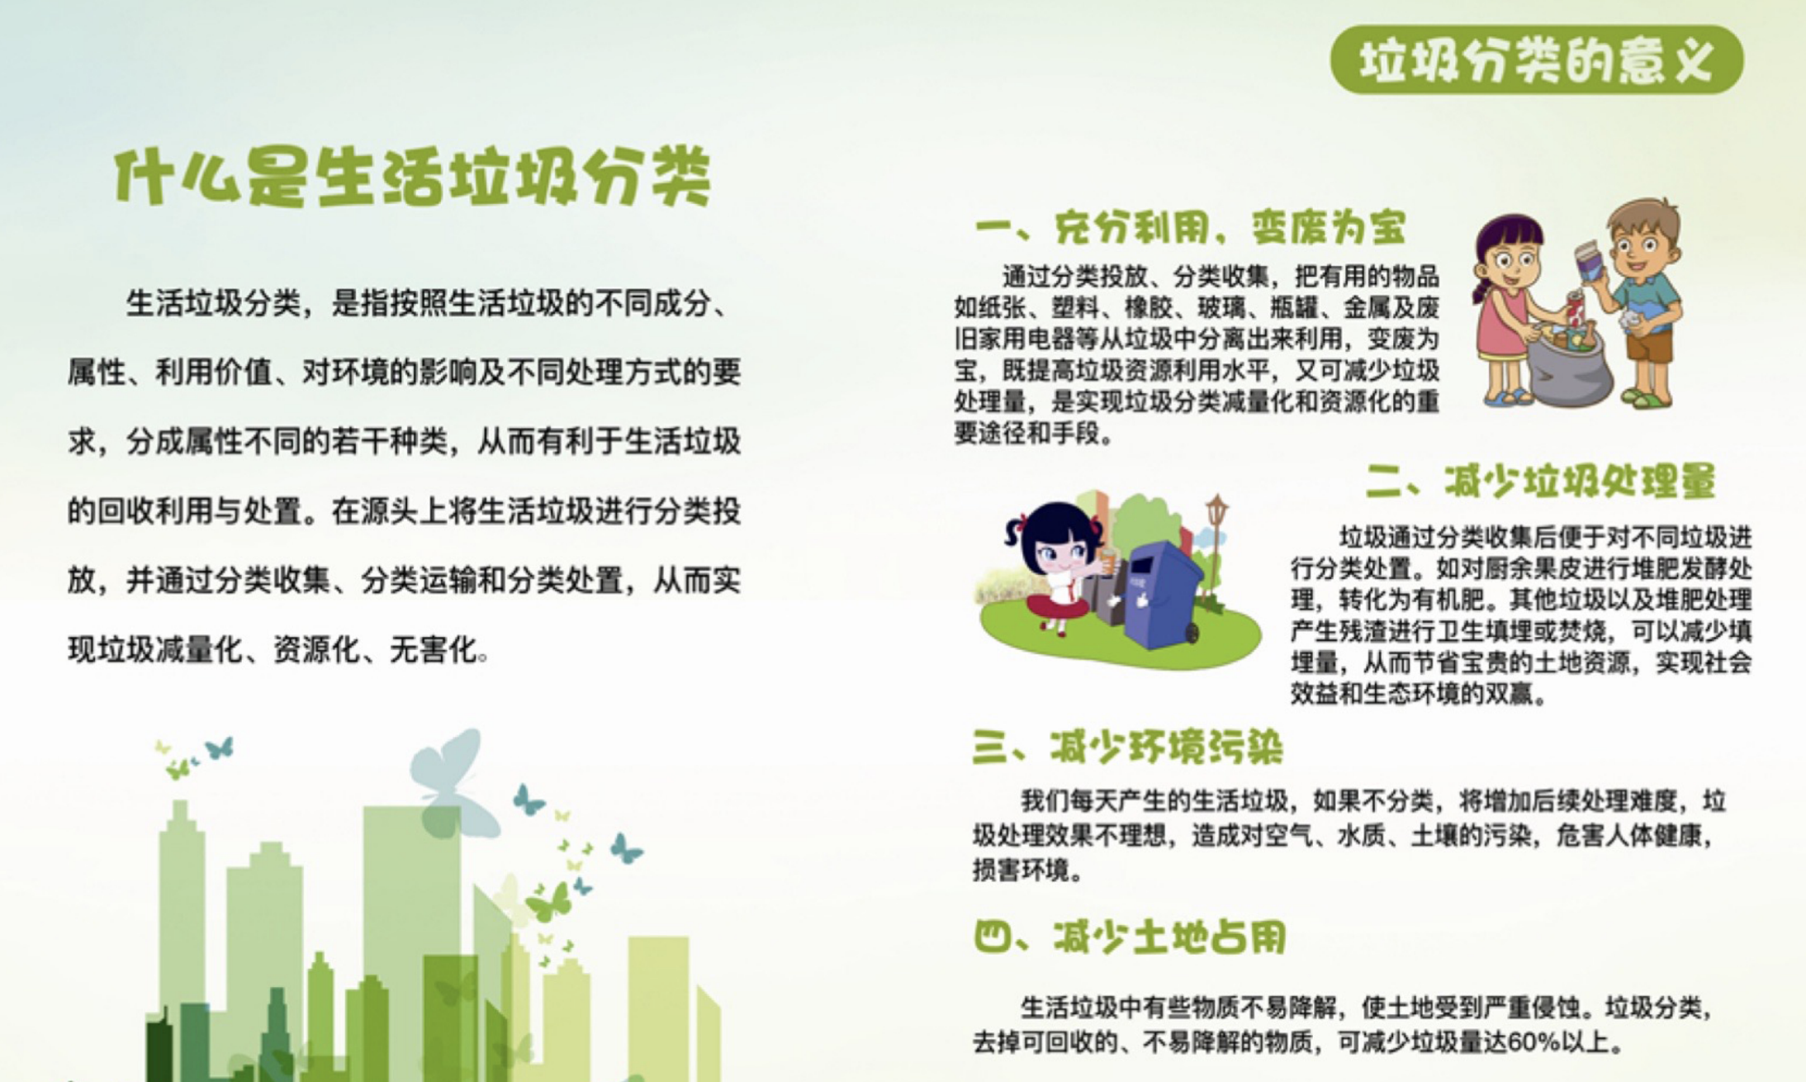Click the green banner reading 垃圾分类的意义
(1537, 59)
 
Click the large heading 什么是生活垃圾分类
(413, 176)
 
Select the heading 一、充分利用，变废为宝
(1190, 227)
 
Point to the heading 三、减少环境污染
(1128, 747)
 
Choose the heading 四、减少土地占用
(1130, 937)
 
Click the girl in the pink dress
(1508, 310)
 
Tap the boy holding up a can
(1637, 301)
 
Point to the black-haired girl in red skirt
(1055, 567)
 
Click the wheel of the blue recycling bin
(1192, 634)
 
